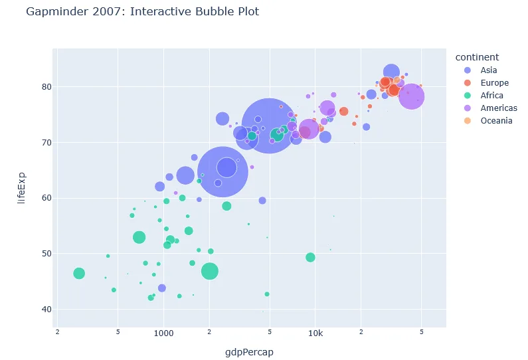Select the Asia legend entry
[x=488, y=70]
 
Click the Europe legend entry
[x=494, y=83]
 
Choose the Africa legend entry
[x=491, y=96]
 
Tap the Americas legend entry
[x=499, y=108]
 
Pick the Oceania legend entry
[x=496, y=121]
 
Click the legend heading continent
[x=482, y=57]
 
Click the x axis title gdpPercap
[x=250, y=353]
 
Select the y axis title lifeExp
[x=21, y=187]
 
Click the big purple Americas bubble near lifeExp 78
[x=412, y=96]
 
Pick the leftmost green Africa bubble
[x=79, y=273]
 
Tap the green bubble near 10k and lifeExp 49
[x=310, y=257]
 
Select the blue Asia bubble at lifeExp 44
[x=161, y=288]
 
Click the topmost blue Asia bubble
[x=391, y=72]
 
